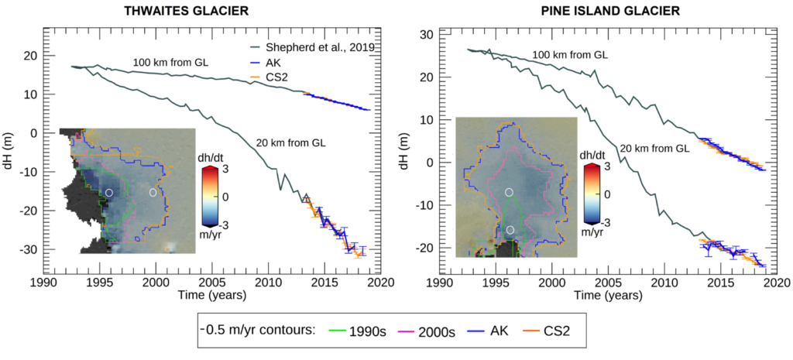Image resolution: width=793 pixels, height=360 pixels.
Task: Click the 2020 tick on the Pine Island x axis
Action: tap(777, 283)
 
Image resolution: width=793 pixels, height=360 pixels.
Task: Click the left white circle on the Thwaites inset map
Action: tap(109, 192)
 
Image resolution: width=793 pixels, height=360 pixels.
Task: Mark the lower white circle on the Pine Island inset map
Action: tap(510, 230)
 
